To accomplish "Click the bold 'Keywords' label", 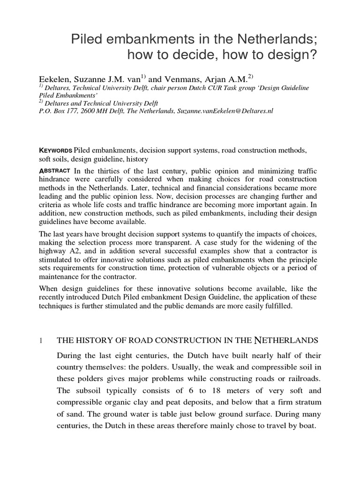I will (x=56, y=150).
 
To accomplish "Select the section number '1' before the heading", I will (x=41, y=340).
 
